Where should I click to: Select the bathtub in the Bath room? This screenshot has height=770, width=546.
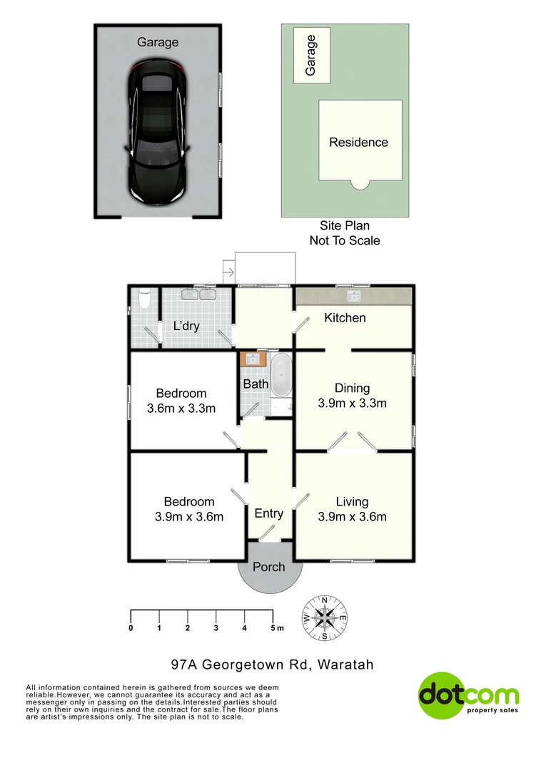pyautogui.click(x=281, y=375)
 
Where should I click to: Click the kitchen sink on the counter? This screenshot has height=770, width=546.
pyautogui.click(x=353, y=295)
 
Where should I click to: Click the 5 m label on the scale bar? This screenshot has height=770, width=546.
pyautogui.click(x=276, y=628)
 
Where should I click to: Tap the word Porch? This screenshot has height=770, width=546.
pyautogui.click(x=268, y=567)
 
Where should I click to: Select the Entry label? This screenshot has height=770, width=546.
pyautogui.click(x=269, y=513)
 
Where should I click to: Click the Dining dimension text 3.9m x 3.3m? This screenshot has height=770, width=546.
pyautogui.click(x=353, y=403)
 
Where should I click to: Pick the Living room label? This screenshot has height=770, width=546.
pyautogui.click(x=353, y=502)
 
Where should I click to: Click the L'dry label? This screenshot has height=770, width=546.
pyautogui.click(x=186, y=327)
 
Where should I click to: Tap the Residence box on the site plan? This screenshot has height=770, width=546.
pyautogui.click(x=359, y=141)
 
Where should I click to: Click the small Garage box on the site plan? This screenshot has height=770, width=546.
pyautogui.click(x=311, y=56)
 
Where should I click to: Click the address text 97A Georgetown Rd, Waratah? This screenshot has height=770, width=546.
pyautogui.click(x=273, y=664)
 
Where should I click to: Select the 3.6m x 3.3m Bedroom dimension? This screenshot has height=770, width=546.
pyautogui.click(x=181, y=409)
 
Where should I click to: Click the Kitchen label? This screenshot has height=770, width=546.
pyautogui.click(x=345, y=317)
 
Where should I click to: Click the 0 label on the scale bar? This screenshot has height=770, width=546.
pyautogui.click(x=131, y=628)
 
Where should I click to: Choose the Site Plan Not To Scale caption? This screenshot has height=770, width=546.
pyautogui.click(x=345, y=233)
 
